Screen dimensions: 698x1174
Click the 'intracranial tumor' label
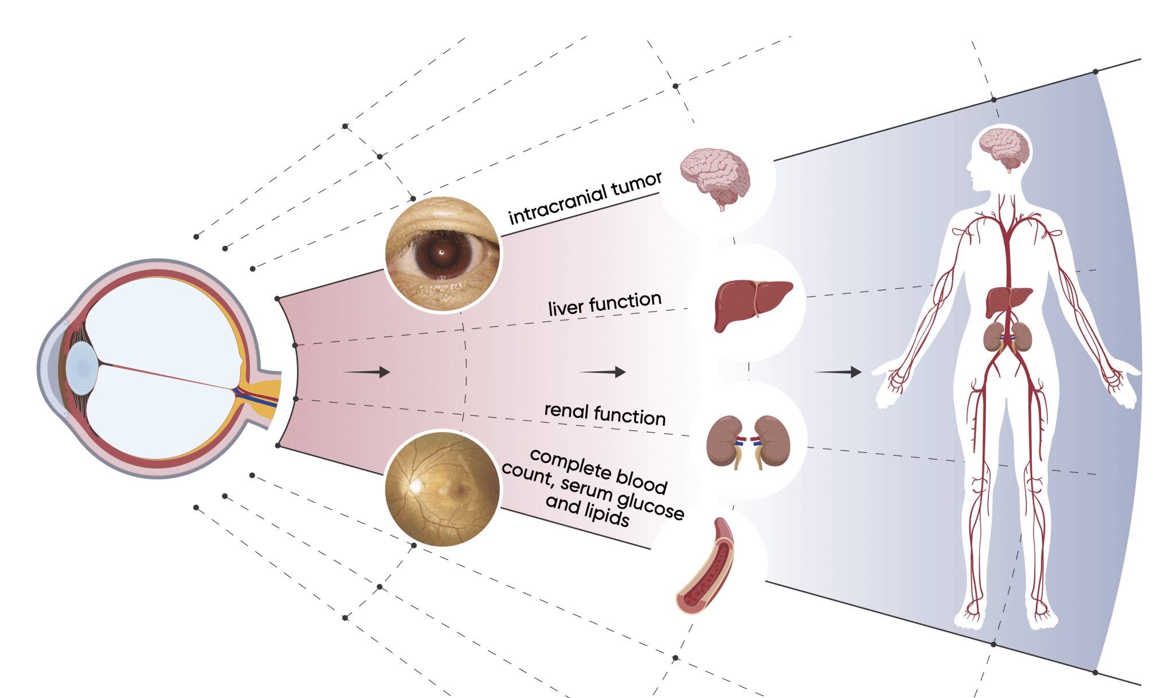(x=585, y=198)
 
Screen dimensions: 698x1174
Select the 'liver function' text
(x=604, y=303)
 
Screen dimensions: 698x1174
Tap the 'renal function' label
(x=605, y=413)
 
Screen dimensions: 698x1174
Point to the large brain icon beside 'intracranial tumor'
(x=715, y=177)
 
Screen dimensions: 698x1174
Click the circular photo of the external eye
(x=443, y=254)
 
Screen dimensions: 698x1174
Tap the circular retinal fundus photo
(x=443, y=488)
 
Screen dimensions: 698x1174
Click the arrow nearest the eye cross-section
(x=367, y=372)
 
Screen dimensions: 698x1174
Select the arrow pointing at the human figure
(x=838, y=372)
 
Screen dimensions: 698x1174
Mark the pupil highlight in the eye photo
(x=441, y=252)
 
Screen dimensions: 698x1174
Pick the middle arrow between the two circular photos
(x=602, y=372)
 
